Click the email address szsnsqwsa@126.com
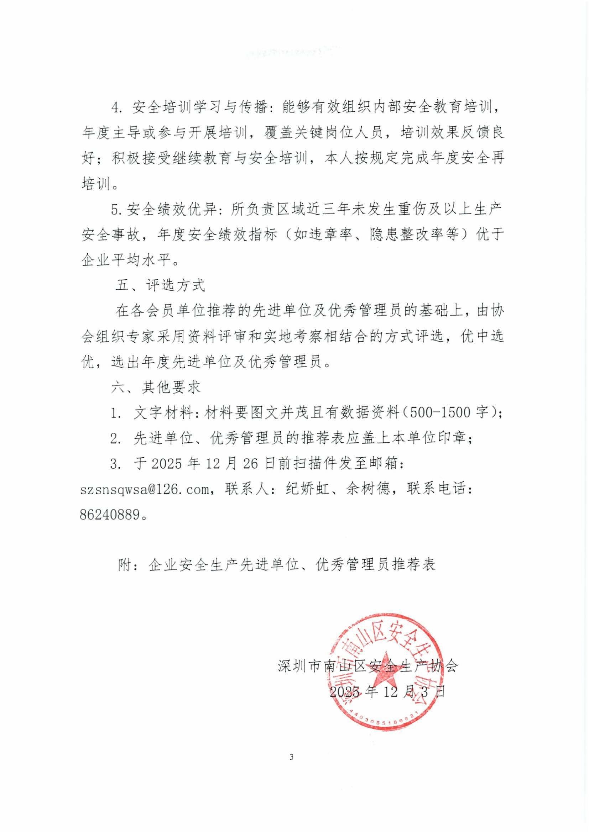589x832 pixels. [145, 490]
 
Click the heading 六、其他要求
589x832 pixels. [156, 388]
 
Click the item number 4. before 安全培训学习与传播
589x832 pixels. [116, 108]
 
